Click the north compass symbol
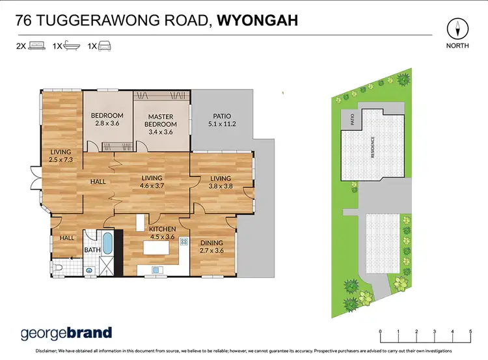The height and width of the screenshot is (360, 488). (460, 29)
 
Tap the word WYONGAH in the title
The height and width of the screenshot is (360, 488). (258, 20)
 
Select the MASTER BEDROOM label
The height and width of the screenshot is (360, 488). (161, 124)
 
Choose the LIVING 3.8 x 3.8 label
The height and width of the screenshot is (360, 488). (220, 182)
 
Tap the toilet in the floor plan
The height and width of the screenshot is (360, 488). (61, 266)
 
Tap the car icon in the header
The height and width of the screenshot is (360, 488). (104, 46)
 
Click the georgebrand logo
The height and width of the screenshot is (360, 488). (66, 333)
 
